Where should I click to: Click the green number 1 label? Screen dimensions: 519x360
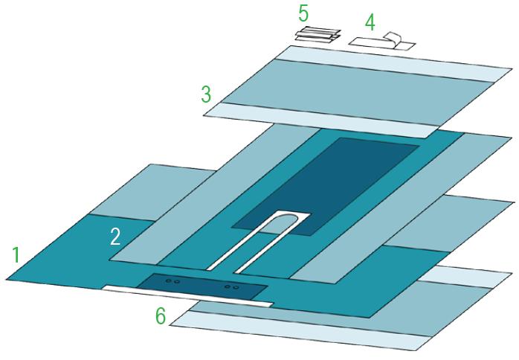(x=16, y=255)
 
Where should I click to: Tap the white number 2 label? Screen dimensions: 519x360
(x=115, y=237)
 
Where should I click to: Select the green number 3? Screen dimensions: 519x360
(x=206, y=94)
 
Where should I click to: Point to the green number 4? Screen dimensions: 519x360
(x=370, y=23)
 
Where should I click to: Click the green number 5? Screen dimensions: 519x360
(x=303, y=13)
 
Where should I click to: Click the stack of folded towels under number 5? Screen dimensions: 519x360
(x=317, y=35)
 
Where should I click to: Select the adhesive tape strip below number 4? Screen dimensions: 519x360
(x=382, y=42)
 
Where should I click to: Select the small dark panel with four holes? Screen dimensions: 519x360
(x=202, y=285)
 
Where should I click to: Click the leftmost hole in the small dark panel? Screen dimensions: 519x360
(x=168, y=281)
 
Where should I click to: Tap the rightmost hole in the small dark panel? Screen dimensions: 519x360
(x=236, y=287)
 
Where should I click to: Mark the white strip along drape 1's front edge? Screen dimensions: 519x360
(x=187, y=296)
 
